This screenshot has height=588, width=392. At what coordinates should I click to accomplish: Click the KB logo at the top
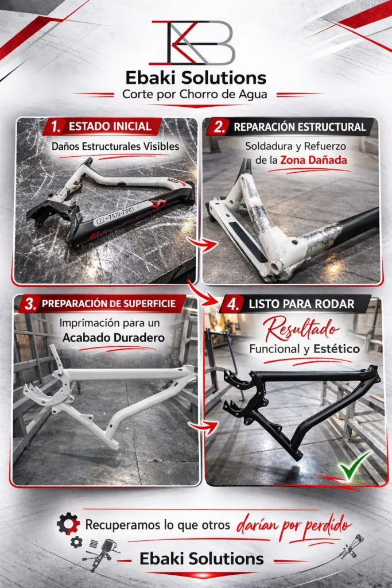tap(192, 42)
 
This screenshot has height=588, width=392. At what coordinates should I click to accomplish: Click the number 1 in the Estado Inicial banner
tap(56, 127)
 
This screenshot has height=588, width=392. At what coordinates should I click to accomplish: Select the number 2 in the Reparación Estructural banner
tap(219, 127)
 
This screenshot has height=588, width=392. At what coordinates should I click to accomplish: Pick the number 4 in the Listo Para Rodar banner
tap(232, 304)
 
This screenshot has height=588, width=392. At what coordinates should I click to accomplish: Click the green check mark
tap(354, 465)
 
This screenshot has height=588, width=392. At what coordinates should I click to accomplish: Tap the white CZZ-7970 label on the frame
tap(115, 215)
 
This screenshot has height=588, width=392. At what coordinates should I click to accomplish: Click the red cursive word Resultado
tap(301, 328)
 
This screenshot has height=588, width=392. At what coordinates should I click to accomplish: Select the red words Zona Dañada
tap(314, 160)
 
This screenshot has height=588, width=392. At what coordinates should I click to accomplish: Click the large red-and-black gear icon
tap(68, 524)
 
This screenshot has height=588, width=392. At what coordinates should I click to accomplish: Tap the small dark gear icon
tap(76, 542)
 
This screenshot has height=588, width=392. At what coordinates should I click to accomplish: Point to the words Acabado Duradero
tap(114, 338)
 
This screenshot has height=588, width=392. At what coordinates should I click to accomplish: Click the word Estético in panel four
tap(336, 349)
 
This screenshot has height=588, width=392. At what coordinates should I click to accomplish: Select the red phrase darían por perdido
tap(294, 526)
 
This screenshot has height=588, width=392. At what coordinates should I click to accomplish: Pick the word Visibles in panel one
tap(160, 146)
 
